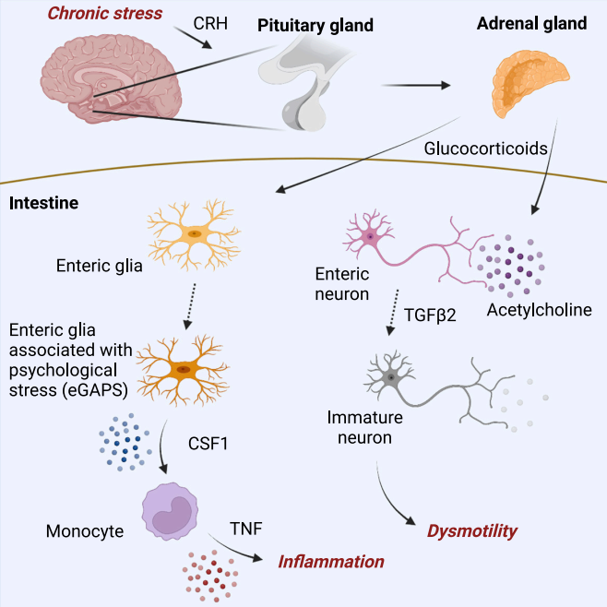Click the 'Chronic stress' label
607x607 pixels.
pyautogui.click(x=105, y=14)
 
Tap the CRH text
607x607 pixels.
pyautogui.click(x=210, y=23)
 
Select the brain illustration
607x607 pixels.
pyautogui.click(x=111, y=78)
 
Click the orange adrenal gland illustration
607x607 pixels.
pyautogui.click(x=530, y=83)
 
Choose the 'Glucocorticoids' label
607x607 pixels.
pyautogui.click(x=486, y=149)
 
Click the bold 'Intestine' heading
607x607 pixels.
pyautogui.click(x=43, y=203)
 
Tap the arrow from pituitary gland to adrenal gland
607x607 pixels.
pyautogui.click(x=416, y=85)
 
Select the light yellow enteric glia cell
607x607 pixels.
pyautogui.click(x=194, y=234)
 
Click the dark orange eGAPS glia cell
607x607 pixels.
pyautogui.click(x=183, y=370)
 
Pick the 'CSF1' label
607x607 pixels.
pyautogui.click(x=208, y=444)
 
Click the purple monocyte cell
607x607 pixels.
pyautogui.click(x=170, y=511)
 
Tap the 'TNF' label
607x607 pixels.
pyautogui.click(x=246, y=529)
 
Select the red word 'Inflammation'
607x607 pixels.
pyautogui.click(x=331, y=562)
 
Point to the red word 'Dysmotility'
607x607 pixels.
pyautogui.click(x=472, y=531)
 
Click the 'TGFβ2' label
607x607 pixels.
pyautogui.click(x=430, y=315)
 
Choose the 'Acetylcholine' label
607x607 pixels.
pyautogui.click(x=540, y=310)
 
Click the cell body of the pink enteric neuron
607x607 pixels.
pyautogui.click(x=370, y=236)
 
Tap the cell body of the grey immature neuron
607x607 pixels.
pyautogui.click(x=391, y=377)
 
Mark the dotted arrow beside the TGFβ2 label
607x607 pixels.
pyautogui.click(x=393, y=312)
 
